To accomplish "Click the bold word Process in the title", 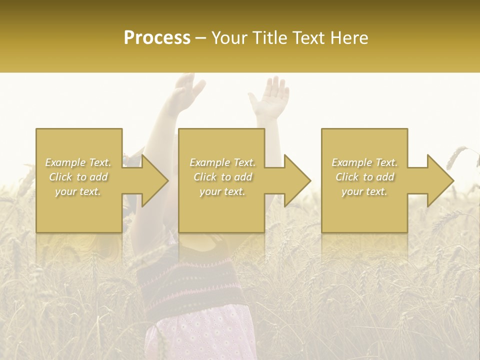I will [x=157, y=38].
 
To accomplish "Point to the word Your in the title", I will [x=229, y=38].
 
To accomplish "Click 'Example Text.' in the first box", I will [x=78, y=162].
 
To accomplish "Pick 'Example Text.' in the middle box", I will [x=222, y=162].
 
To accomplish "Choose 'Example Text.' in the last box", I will [x=364, y=162].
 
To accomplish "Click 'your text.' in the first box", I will [x=78, y=191].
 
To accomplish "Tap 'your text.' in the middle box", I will [x=222, y=191].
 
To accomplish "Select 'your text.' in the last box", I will [x=364, y=191].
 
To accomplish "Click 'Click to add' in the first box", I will [x=78, y=177].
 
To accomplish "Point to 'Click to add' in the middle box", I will [x=222, y=177].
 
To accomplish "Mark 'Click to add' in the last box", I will [x=364, y=177].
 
